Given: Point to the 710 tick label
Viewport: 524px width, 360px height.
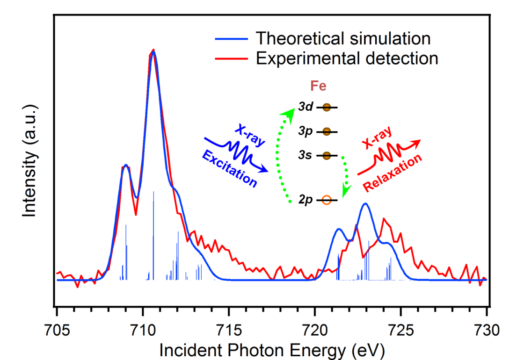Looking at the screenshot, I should (x=143, y=326).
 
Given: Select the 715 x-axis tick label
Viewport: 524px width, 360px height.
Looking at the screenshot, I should (x=229, y=326).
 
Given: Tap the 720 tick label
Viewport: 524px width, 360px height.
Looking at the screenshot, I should (x=315, y=326).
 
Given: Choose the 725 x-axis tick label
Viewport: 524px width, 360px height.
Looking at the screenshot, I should (x=401, y=326).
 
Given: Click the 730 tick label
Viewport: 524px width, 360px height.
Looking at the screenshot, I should (x=487, y=326).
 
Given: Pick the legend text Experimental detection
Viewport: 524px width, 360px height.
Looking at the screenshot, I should (x=347, y=58).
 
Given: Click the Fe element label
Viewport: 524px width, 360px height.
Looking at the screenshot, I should (x=318, y=86).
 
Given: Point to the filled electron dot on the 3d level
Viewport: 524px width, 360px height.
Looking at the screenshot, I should (x=327, y=108).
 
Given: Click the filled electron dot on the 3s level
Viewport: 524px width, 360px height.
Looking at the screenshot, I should (x=327, y=155).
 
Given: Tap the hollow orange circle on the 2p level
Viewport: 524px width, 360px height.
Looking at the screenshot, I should (x=327, y=201).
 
